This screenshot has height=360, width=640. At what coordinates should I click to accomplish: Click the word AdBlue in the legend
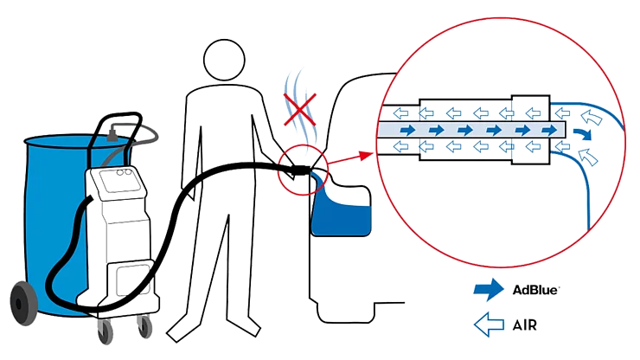535,290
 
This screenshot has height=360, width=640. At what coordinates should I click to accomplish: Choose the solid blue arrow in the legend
490,291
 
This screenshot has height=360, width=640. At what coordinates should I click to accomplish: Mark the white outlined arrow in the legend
490,325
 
